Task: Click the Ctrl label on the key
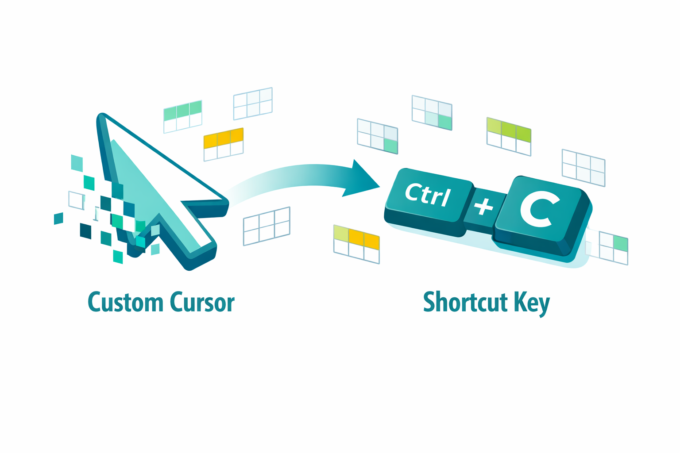click(427, 195)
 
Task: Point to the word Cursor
click(202, 302)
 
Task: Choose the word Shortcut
click(465, 302)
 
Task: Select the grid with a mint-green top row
click(183, 116)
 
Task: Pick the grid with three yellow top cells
click(224, 144)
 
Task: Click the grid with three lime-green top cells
click(509, 137)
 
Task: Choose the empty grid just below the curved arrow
click(267, 226)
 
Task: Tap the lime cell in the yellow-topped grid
click(341, 233)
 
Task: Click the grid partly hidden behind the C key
click(607, 247)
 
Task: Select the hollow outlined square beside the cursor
click(77, 200)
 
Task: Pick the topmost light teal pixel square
click(77, 163)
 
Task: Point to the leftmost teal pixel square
click(58, 219)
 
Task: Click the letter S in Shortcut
click(429, 302)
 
